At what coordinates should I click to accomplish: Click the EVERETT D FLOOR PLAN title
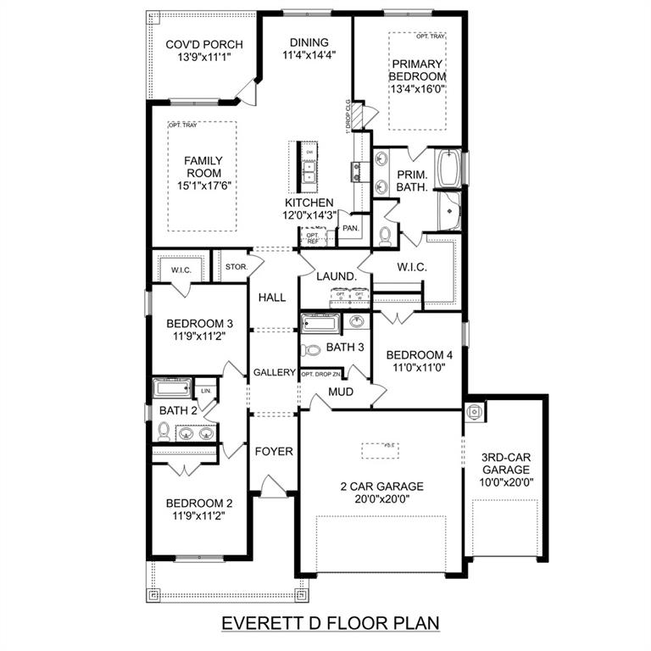(331, 623)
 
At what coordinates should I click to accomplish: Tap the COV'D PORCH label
(204, 45)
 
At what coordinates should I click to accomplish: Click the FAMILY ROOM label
(204, 167)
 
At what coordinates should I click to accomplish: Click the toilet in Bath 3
(312, 349)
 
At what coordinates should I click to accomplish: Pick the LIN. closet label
(206, 391)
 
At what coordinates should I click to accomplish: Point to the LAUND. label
(337, 276)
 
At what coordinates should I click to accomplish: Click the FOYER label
(274, 452)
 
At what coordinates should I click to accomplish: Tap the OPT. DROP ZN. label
(321, 374)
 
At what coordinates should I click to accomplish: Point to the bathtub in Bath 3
(320, 323)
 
